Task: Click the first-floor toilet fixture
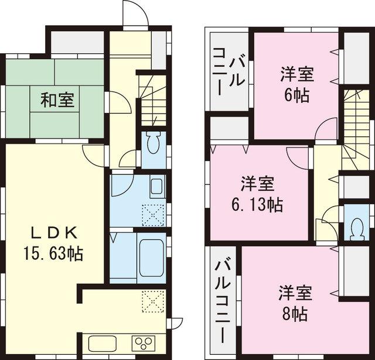pyautogui.click(x=154, y=142)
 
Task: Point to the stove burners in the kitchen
pyautogui.click(x=144, y=342)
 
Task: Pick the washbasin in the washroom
pyautogui.click(x=156, y=188)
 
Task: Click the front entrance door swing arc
pyautogui.click(x=135, y=13)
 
